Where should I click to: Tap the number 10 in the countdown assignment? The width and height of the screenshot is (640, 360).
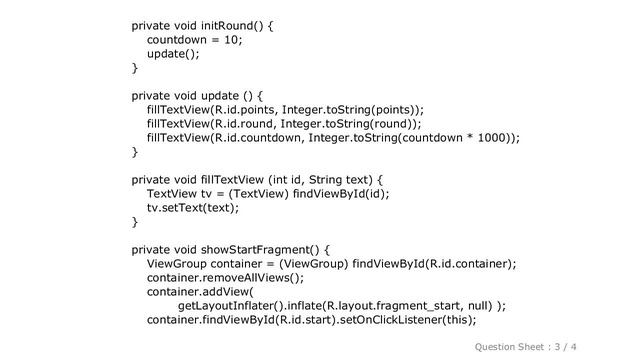[234, 39]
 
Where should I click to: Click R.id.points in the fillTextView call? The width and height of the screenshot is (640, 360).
[245, 110]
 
